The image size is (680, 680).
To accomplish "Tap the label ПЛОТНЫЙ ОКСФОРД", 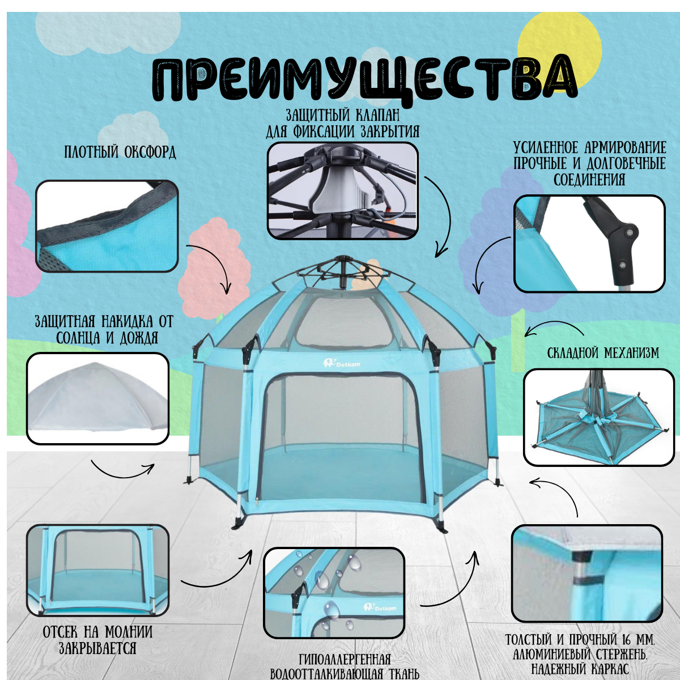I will tap(120, 152).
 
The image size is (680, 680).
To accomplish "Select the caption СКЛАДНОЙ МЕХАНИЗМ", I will tap(603, 353).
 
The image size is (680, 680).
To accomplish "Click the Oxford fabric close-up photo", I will tap(107, 226).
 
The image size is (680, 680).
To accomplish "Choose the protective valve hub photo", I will tap(342, 190).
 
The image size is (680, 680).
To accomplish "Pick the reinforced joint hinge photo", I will tap(589, 244).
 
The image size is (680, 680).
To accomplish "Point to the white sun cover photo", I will tap(98, 398).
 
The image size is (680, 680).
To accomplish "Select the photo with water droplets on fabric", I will tap(334, 593).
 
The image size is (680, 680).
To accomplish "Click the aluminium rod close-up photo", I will tap(586, 573).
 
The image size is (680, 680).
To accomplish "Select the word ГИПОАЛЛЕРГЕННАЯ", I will tap(345, 660).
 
